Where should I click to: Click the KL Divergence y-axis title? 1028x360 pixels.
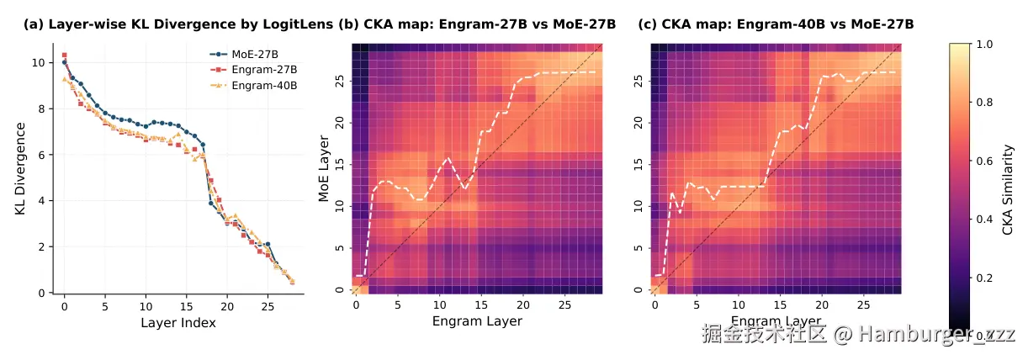coord(19,167)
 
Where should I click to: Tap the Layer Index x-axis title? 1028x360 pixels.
coord(178,323)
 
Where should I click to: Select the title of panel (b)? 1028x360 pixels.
coord(478,24)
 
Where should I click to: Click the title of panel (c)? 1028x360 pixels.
coord(776,24)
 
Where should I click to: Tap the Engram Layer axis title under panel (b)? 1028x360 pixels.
coord(477,321)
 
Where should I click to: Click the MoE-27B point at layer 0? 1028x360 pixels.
coord(64,62)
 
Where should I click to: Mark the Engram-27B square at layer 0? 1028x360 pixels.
coord(64,55)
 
